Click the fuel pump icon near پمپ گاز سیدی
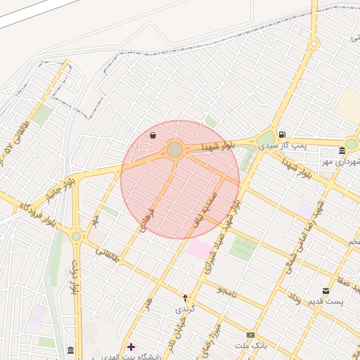282,134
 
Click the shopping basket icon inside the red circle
153,135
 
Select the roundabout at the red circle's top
175,150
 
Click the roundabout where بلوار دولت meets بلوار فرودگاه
76,236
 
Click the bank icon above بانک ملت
251,335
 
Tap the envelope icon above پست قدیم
326,290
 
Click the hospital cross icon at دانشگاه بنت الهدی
131,347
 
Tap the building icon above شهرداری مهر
342,150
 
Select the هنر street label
148,302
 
